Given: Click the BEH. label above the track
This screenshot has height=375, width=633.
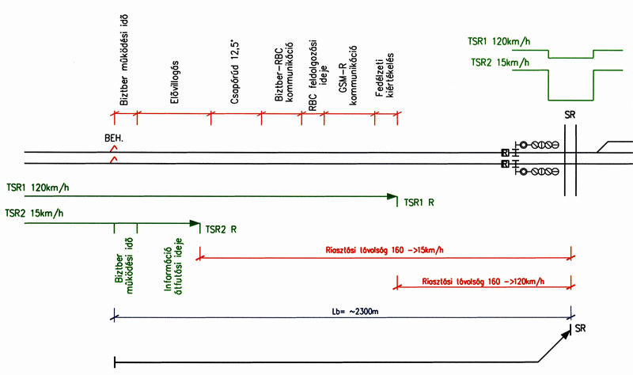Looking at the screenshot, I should (115, 138).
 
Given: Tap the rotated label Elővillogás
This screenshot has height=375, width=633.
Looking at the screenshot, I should (173, 80).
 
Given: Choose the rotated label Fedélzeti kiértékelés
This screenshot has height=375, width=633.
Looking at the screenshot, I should (385, 78).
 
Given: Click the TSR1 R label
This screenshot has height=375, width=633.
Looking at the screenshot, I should (419, 203).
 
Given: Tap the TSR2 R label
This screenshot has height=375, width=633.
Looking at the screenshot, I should (221, 230).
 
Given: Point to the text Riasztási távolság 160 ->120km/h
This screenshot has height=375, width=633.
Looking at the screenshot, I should (483, 281).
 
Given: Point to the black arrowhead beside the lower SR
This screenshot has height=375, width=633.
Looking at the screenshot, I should (566, 334).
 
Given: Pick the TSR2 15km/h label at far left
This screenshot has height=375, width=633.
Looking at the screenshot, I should (34, 213).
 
